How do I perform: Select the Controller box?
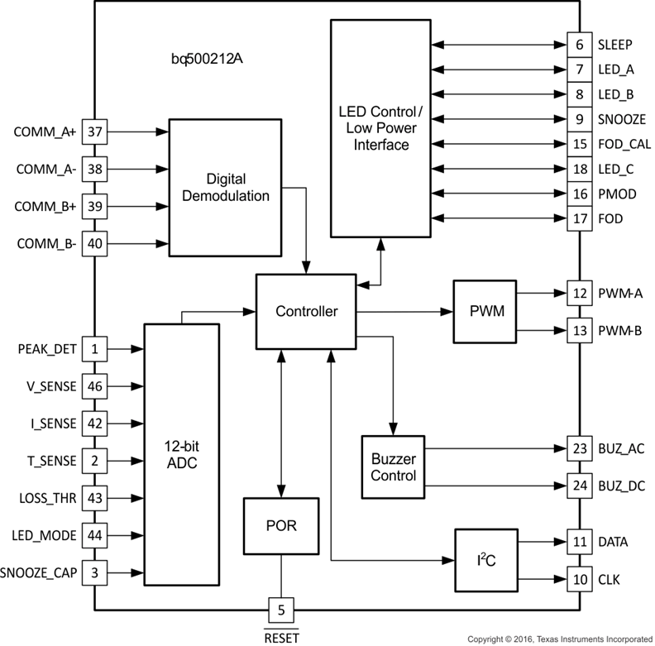306,311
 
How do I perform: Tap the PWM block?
484,312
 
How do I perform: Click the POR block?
282,525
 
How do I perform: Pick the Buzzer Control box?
393,467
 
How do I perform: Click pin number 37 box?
94,132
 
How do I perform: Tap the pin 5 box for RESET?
282,611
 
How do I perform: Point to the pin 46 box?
94,386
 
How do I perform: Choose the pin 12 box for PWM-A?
579,293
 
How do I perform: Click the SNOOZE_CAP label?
39,572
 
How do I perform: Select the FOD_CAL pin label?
624,144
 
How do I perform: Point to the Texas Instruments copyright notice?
560,639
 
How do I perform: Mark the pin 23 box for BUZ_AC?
579,448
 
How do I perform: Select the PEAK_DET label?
46,349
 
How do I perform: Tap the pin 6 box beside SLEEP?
579,45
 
